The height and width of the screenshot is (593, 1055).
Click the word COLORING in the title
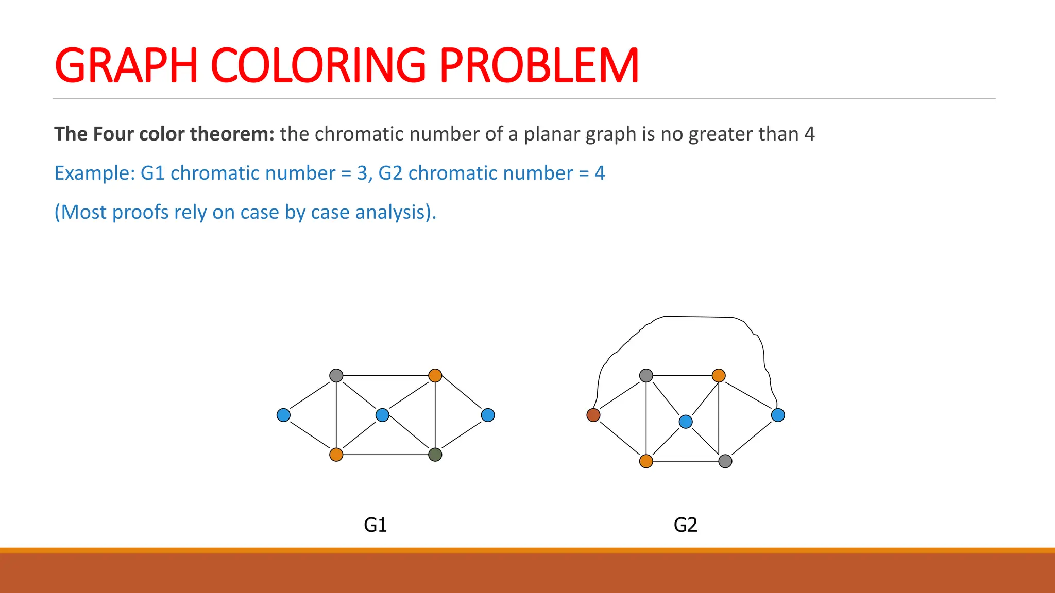point(318,66)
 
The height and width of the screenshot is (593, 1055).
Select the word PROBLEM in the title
point(539,66)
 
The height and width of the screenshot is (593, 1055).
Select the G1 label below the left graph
point(375,525)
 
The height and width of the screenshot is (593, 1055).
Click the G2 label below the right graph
point(685,525)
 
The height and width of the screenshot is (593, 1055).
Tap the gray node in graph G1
point(336,375)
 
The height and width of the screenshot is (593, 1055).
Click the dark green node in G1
point(435,455)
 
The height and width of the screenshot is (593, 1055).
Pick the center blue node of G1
point(382,415)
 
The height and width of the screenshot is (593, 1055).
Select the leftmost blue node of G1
point(283,415)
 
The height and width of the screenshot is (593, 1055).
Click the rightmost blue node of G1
point(488,415)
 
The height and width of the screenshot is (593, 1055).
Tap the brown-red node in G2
point(593,415)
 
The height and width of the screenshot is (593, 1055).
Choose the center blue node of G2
point(686,422)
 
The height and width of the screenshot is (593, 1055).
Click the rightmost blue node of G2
point(778,415)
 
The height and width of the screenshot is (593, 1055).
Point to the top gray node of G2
point(646,375)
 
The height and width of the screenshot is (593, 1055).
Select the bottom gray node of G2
point(725,461)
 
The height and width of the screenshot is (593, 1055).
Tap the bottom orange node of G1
point(336,455)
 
